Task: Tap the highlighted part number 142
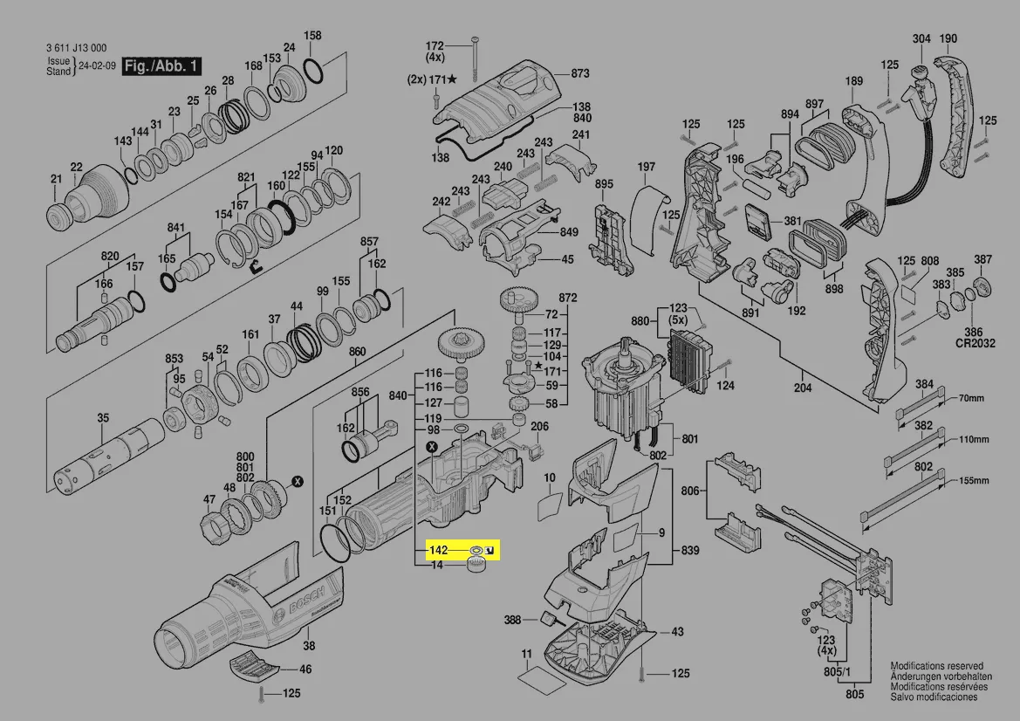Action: click(437, 551)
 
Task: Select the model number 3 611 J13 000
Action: click(76, 48)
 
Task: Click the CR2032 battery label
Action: click(975, 344)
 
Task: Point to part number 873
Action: click(581, 73)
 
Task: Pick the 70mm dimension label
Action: click(970, 399)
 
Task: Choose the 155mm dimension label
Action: click(975, 481)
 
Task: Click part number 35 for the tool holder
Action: click(103, 418)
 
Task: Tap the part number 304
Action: click(921, 38)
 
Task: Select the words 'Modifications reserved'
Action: click(936, 666)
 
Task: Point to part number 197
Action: click(646, 167)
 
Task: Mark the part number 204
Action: click(803, 388)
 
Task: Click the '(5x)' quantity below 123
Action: click(678, 320)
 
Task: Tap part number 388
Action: click(513, 621)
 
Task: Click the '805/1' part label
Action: click(834, 671)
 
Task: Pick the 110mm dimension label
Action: click(973, 440)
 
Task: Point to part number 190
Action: click(948, 38)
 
